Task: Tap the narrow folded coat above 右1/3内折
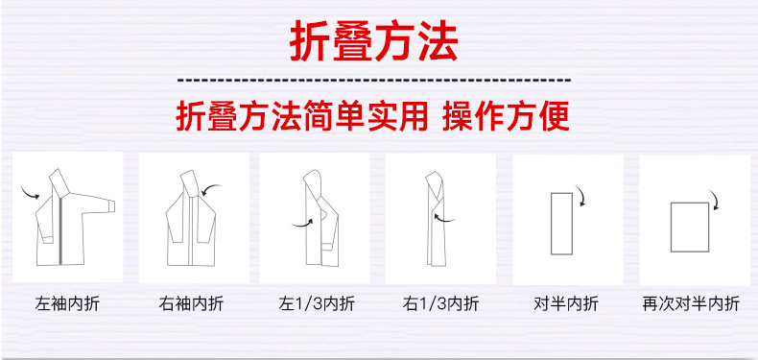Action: tap(436, 221)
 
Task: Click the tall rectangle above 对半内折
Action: tap(561, 224)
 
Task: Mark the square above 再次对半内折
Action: tap(688, 228)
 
